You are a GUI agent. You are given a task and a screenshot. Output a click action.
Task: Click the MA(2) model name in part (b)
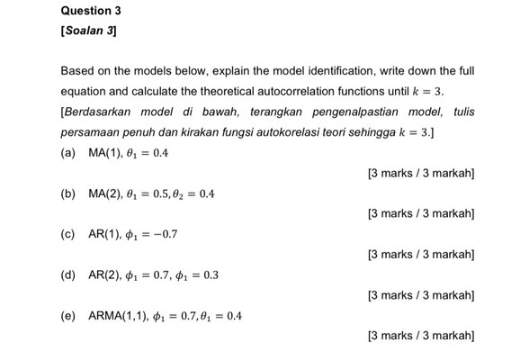pyautogui.click(x=107, y=193)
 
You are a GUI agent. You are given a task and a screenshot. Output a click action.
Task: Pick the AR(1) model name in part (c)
pyautogui.click(x=106, y=235)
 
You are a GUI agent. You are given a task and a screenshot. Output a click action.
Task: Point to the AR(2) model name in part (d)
pyautogui.click(x=106, y=275)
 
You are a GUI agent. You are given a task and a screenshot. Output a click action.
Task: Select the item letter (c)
pyautogui.click(x=68, y=235)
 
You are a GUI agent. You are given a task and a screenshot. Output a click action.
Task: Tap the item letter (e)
pyautogui.click(x=68, y=317)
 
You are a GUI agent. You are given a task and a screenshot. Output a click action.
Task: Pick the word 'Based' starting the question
pyautogui.click(x=76, y=70)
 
